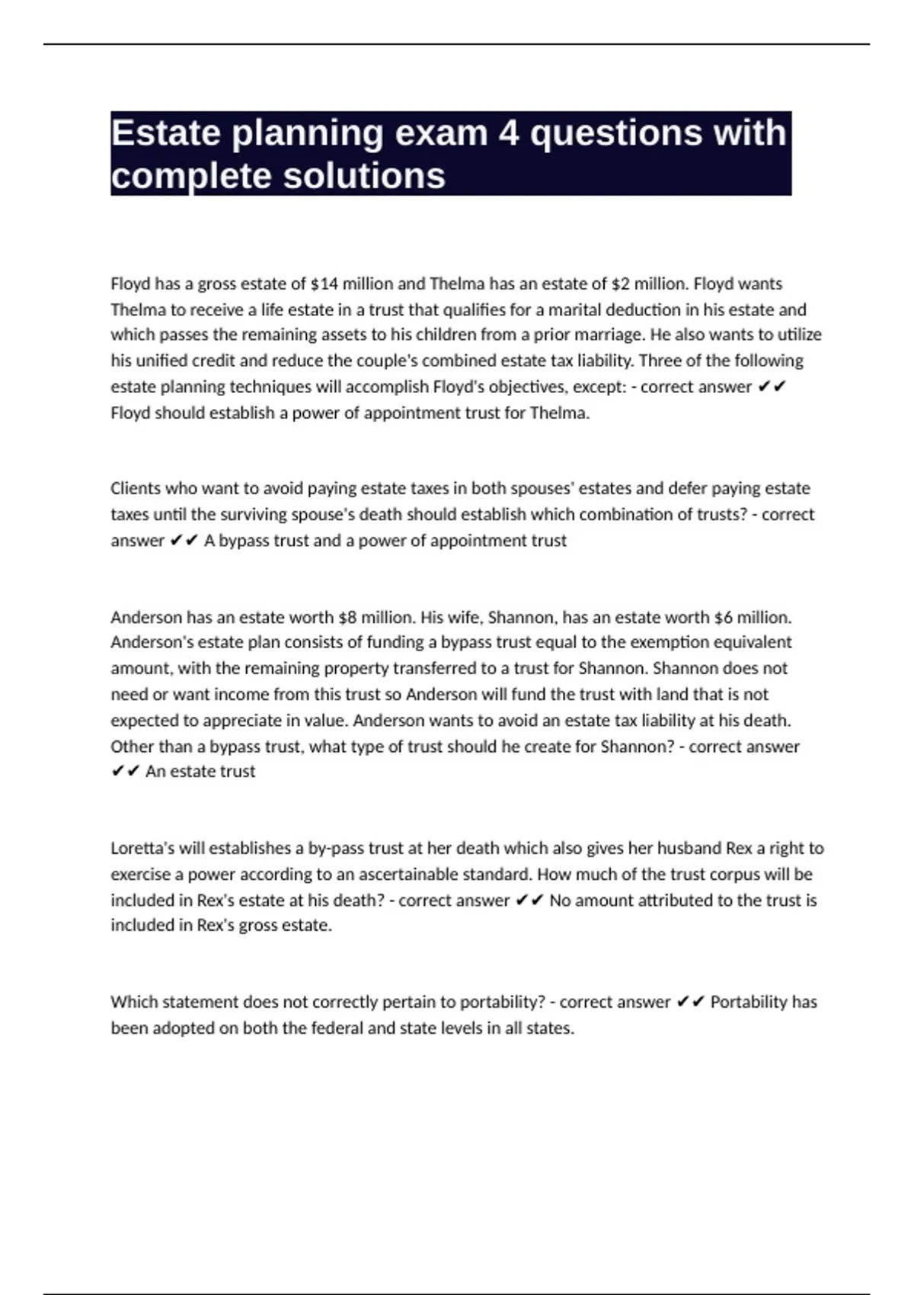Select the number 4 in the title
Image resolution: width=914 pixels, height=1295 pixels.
click(x=509, y=133)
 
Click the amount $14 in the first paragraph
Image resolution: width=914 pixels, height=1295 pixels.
click(x=324, y=284)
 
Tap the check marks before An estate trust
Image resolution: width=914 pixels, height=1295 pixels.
click(x=126, y=772)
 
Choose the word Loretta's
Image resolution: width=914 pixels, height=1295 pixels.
click(x=142, y=849)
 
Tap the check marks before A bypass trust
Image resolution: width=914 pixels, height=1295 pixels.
click(x=184, y=541)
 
